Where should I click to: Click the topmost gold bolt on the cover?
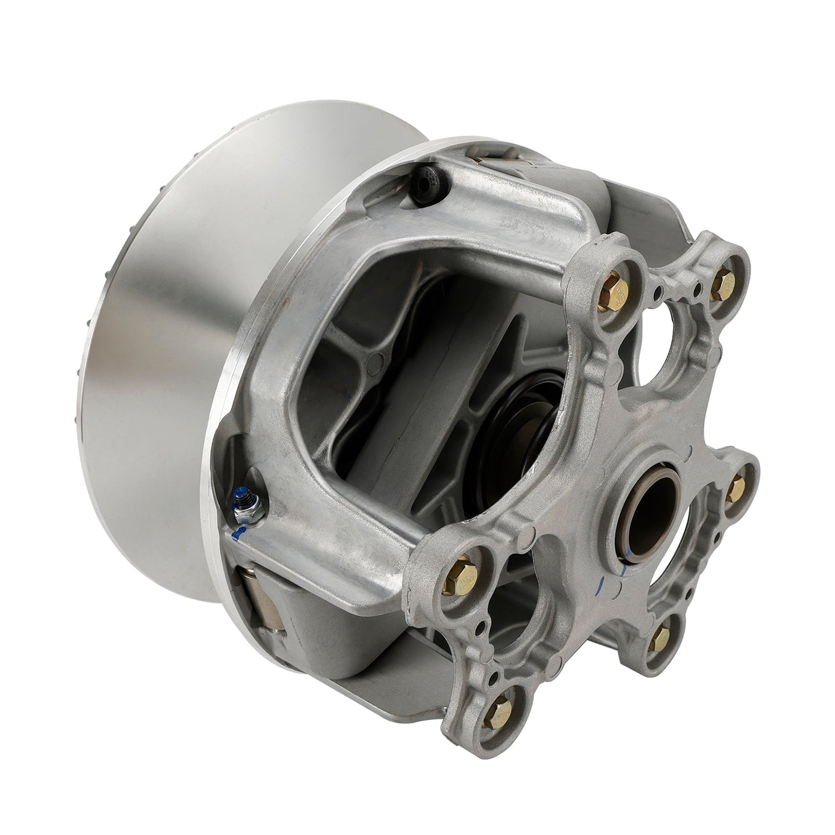click(x=722, y=281)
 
